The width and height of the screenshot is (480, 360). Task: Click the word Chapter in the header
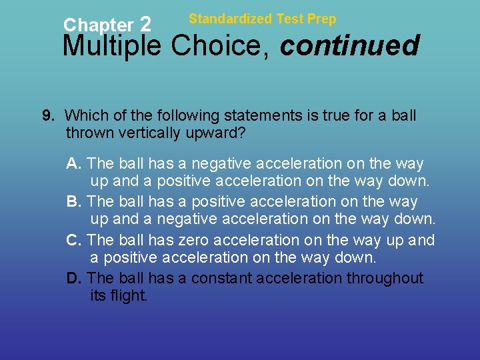point(98,25)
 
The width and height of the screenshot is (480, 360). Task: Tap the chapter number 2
point(145,25)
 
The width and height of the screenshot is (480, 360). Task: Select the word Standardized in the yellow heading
point(231,19)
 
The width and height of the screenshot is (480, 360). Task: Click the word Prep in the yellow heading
point(322,19)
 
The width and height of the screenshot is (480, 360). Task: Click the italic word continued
point(350,47)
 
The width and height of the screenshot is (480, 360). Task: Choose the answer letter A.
point(73,163)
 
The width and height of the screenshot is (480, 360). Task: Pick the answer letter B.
point(73,201)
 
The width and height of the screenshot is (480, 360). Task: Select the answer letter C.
point(73,240)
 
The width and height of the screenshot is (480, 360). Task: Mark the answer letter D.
point(73,278)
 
